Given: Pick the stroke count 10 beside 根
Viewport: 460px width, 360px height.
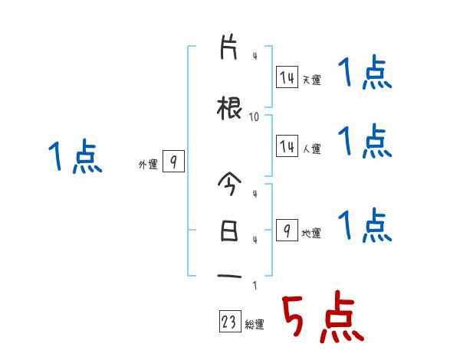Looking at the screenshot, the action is point(254,117).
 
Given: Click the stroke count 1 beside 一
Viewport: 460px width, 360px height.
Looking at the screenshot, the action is point(254,286).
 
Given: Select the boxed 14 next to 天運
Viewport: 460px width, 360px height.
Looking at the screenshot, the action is point(287,77).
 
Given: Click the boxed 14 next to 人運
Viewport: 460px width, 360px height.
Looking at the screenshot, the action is point(287,146).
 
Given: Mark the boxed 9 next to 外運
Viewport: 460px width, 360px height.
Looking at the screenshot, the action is point(173,162).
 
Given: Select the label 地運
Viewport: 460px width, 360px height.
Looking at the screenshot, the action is point(311,233).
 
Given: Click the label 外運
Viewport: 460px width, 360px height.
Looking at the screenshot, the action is point(147,164).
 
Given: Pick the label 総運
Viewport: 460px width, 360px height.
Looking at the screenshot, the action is point(255,325).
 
